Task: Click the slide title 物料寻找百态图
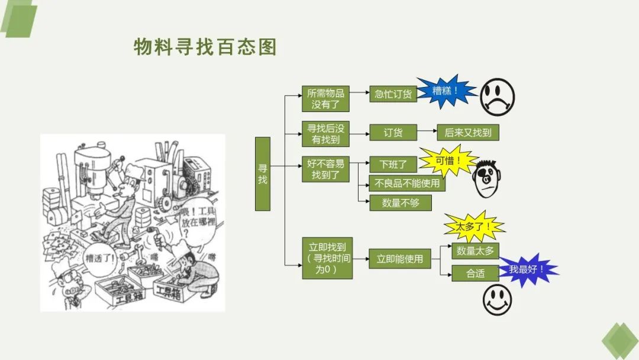click(x=205, y=47)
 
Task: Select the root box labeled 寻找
click(x=263, y=173)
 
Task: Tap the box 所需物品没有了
click(x=325, y=99)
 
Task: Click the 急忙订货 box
click(x=393, y=94)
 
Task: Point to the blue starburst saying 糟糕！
click(x=446, y=92)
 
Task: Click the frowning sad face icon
click(x=496, y=97)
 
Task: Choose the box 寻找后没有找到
click(x=325, y=133)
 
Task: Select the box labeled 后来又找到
click(x=467, y=133)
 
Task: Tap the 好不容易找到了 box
click(x=325, y=169)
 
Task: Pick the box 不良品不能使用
click(x=406, y=184)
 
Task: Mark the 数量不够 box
click(x=400, y=202)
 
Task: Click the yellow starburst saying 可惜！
click(x=447, y=160)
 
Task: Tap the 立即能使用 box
click(x=399, y=259)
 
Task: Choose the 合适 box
click(x=475, y=273)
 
